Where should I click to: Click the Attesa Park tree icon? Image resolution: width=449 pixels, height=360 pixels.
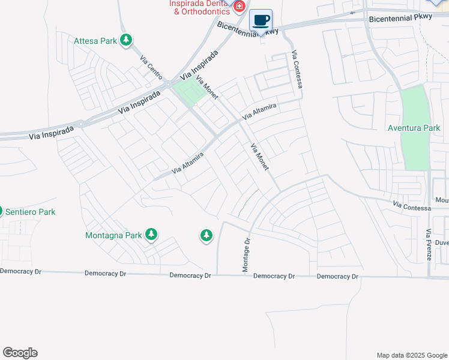tap(126, 41)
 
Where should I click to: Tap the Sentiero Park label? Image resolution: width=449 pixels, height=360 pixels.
tap(30, 212)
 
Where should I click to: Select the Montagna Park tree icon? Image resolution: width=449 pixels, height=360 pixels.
tap(152, 235)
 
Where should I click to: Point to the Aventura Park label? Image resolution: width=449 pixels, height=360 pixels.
tap(414, 128)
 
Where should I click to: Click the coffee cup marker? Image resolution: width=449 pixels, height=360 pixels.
tap(261, 21)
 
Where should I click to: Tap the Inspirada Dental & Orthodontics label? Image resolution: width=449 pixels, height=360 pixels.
tap(200, 7)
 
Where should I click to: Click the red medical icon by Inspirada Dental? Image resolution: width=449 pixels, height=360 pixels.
tap(240, 7)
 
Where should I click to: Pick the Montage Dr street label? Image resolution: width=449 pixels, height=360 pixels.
tap(246, 254)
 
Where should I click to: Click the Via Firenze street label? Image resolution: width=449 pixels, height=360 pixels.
tap(428, 244)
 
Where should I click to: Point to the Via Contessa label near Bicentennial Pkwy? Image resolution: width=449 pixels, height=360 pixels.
tap(297, 70)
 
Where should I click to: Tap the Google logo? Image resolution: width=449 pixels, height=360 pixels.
tap(20, 353)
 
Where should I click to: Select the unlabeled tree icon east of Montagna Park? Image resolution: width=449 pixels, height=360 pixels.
tap(206, 236)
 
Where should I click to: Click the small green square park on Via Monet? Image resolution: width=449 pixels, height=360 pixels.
tap(191, 94)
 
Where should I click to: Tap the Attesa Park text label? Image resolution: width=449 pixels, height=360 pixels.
tap(95, 41)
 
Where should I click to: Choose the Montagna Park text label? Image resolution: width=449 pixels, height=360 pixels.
tap(114, 235)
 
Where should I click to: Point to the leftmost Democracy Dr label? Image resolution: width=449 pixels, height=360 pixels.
tap(20, 271)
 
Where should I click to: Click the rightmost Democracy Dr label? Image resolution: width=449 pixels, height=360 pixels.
tap(337, 277)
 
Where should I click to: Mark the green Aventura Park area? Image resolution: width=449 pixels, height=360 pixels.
tap(416, 150)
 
